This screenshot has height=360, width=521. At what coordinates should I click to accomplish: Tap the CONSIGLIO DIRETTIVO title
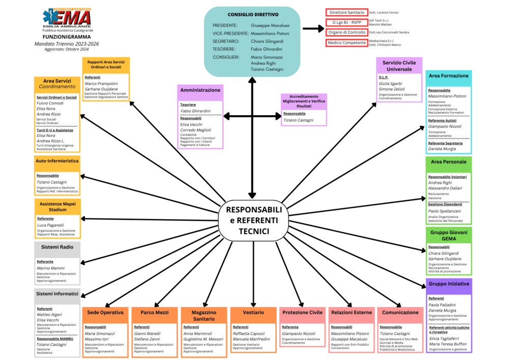pyautogui.click(x=253, y=14)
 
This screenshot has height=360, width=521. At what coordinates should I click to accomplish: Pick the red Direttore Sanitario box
pyautogui.click(x=346, y=12)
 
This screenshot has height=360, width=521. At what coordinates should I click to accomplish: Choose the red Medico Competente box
pyautogui.click(x=346, y=43)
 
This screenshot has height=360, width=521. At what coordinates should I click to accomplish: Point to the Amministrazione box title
pyautogui.click(x=200, y=90)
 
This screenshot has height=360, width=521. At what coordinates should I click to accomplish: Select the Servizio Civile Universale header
pyautogui.click(x=399, y=65)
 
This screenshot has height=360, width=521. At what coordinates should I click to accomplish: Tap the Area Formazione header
pyautogui.click(x=448, y=76)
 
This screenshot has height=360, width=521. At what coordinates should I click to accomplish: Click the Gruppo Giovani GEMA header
pyautogui.click(x=448, y=235)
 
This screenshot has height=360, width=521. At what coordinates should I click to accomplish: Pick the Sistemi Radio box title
pyautogui.click(x=57, y=247)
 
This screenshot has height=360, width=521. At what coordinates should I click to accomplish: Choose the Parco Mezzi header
pyautogui.click(x=154, y=312)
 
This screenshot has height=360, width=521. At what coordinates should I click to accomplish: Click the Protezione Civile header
pyautogui.click(x=302, y=312)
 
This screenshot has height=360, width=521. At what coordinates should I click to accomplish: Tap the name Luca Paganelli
pyautogui.click(x=50, y=225)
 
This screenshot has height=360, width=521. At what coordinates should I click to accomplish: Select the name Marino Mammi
pyautogui.click(x=50, y=268)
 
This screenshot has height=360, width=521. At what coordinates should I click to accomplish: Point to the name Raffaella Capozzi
pyautogui.click(x=249, y=334)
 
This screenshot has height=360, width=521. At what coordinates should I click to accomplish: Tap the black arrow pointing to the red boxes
pyautogui.click(x=312, y=30)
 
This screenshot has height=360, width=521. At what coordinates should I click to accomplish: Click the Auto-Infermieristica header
pyautogui.click(x=57, y=161)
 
